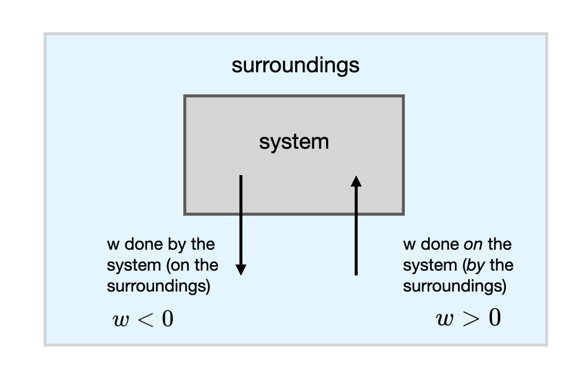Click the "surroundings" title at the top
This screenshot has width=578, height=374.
click(x=296, y=65)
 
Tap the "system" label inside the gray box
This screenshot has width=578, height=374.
click(x=294, y=142)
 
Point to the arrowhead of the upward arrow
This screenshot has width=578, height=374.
click(x=356, y=181)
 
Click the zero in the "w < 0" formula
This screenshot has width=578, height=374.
click(x=167, y=319)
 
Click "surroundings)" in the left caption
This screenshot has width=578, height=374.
click(x=158, y=286)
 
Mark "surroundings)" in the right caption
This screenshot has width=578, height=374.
click(x=454, y=286)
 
